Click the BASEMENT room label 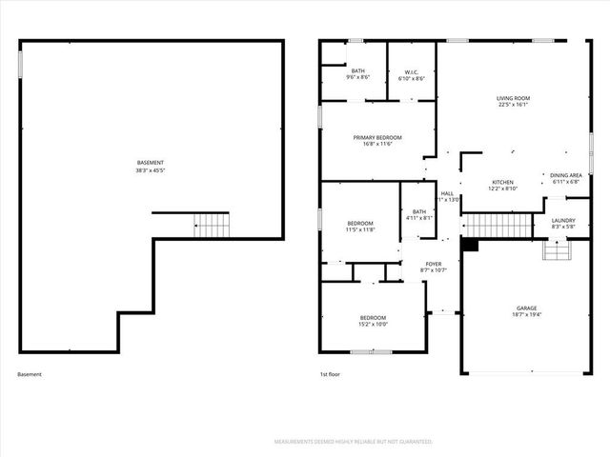point(151,163)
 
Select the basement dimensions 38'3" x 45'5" point(151,171)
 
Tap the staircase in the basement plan point(212,226)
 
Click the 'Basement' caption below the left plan point(30,374)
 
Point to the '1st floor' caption point(329,374)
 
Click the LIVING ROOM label point(513,98)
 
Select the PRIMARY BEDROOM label point(377,137)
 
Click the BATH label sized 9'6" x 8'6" point(357,70)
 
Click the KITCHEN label point(502,182)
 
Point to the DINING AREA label point(566,175)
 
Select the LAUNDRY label point(563,220)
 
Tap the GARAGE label point(526,308)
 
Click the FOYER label point(433,264)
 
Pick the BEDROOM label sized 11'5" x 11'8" point(359,223)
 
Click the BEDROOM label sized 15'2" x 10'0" point(373,317)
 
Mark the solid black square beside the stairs point(469,244)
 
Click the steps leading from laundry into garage point(556,248)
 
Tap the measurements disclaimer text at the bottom point(353,442)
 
